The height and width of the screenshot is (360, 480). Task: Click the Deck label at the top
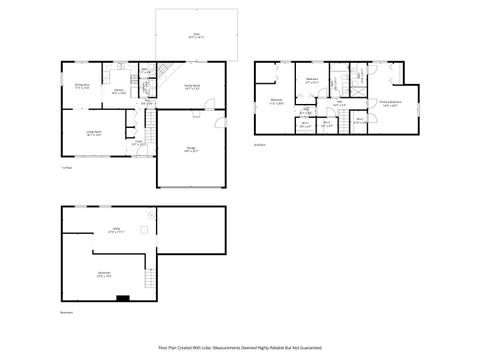coord(195,36)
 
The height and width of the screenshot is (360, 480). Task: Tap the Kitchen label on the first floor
coord(117,92)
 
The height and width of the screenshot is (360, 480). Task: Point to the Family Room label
coord(190,89)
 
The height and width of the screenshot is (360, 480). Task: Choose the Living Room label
coord(93,132)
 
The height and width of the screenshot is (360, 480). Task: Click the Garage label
coord(190,149)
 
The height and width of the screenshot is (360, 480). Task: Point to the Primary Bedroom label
coord(390,103)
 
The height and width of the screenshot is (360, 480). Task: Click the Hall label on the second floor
coord(340,102)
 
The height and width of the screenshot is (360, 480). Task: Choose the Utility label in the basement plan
coord(116,230)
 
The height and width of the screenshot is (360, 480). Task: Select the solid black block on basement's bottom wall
coord(122,297)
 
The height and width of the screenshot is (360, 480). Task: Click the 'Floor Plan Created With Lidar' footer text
coord(240,347)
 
